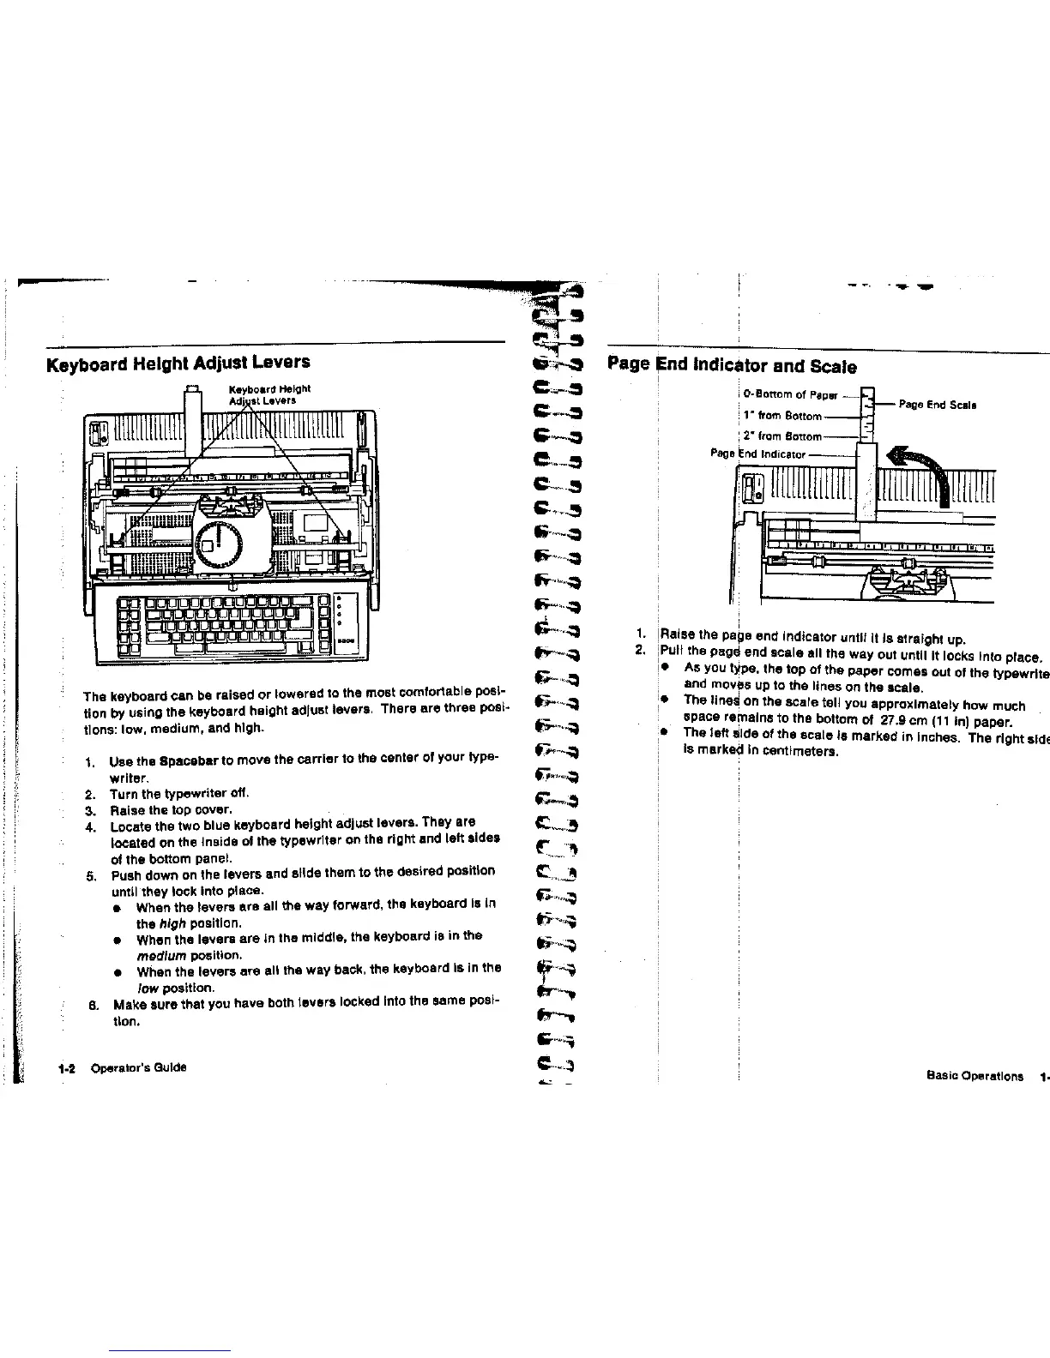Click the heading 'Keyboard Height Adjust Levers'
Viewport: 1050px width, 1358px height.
(178, 363)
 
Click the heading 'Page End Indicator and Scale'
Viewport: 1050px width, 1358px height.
(731, 366)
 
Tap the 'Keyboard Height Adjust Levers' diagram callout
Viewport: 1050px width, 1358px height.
(262, 394)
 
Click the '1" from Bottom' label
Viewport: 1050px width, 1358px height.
(782, 416)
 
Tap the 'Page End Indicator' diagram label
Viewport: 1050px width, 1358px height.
(758, 454)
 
